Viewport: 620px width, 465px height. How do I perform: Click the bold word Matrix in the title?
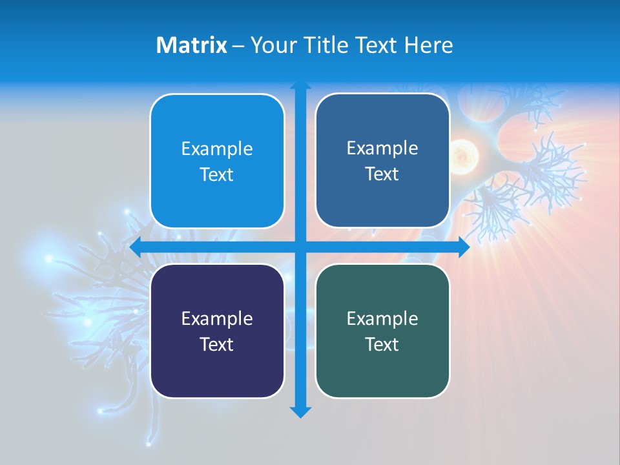point(191,45)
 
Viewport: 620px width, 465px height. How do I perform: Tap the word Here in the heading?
point(428,45)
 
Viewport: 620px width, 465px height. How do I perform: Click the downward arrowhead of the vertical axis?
point(300,411)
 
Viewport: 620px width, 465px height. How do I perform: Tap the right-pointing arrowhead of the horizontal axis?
point(464,247)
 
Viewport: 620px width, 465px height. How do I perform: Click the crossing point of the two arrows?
point(300,247)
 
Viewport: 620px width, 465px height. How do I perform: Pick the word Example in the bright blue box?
point(217,149)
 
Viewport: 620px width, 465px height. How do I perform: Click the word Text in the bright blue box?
point(217,174)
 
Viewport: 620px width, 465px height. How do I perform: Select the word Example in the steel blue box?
point(382,148)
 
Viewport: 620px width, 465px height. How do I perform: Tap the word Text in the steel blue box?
point(382,174)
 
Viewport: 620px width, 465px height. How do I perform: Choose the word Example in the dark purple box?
point(217,318)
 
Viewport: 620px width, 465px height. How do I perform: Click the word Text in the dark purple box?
point(217,344)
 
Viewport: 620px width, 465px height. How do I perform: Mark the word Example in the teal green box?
point(382,318)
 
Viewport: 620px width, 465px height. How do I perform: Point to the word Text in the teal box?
point(382,344)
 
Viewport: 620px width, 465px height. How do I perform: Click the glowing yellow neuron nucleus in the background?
point(463,155)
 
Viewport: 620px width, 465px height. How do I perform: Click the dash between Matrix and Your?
point(238,46)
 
